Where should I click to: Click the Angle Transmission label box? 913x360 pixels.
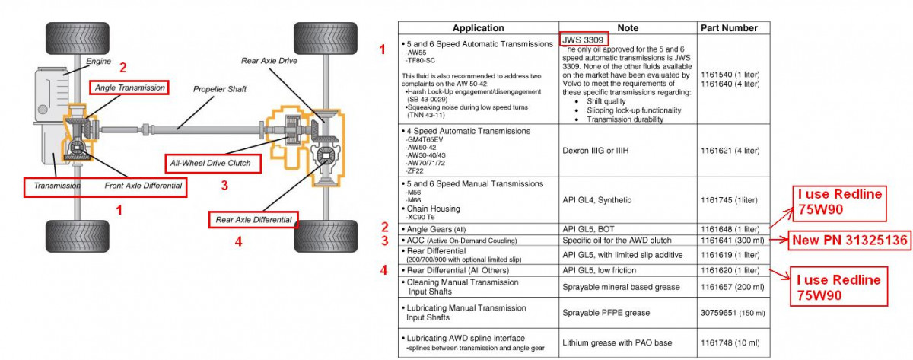pyautogui.click(x=129, y=88)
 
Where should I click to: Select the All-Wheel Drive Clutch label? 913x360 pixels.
pyautogui.click(x=212, y=163)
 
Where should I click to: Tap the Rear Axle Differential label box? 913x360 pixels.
pyautogui.click(x=253, y=220)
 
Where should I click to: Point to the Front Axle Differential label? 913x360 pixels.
pyautogui.click(x=142, y=186)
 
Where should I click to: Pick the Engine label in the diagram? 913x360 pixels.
pyautogui.click(x=99, y=60)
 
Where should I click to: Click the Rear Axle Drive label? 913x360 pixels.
pyautogui.click(x=269, y=61)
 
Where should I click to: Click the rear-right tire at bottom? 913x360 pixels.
pyautogui.click(x=315, y=236)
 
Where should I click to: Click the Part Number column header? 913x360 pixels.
pyautogui.click(x=728, y=28)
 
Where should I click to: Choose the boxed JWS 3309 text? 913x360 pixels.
pyautogui.click(x=584, y=39)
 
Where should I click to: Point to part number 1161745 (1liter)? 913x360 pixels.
pyautogui.click(x=729, y=200)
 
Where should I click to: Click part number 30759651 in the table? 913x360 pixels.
pyautogui.click(x=720, y=312)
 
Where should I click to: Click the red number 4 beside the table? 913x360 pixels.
pyautogui.click(x=384, y=269)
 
